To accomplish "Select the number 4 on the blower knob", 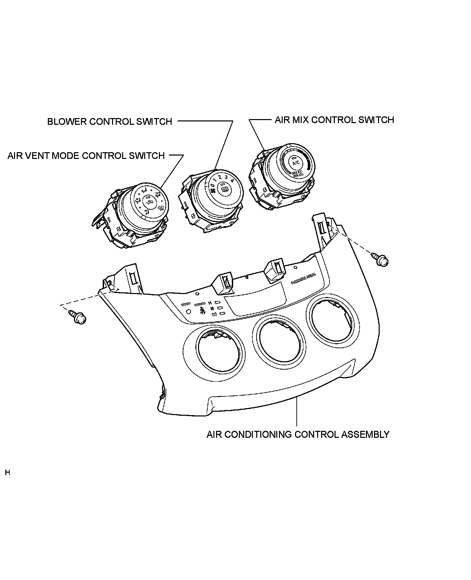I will tap(232, 181).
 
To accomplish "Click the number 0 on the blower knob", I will tap(212, 185).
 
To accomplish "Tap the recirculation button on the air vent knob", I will tap(148, 201).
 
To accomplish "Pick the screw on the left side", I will tap(78, 317).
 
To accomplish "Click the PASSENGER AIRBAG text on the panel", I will tap(303, 278).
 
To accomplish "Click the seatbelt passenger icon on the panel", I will tap(202, 311).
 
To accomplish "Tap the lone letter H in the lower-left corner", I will tap(8, 473).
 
